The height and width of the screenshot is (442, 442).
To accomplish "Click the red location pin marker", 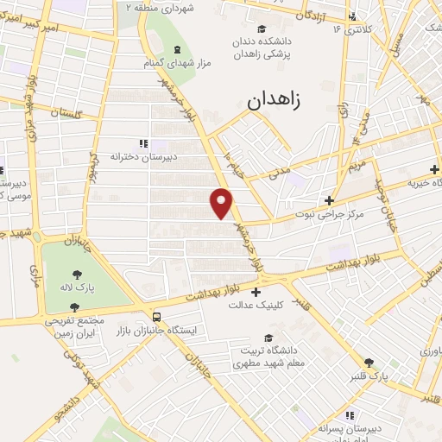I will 222,202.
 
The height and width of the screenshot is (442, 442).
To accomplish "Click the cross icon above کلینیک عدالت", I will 256,292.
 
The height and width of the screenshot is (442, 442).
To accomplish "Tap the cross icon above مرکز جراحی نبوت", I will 329,200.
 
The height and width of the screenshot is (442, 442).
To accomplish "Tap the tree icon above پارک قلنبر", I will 369,363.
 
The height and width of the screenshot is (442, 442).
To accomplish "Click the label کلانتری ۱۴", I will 352,29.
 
